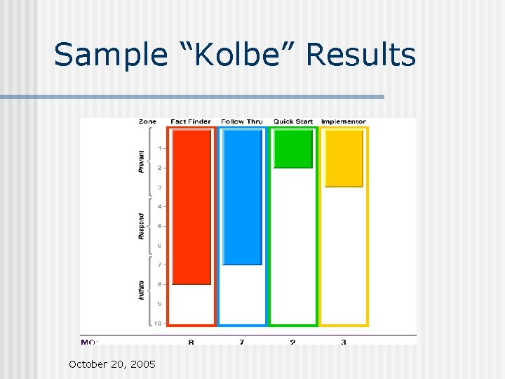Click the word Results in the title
click(361, 55)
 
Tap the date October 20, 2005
click(112, 364)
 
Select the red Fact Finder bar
click(191, 208)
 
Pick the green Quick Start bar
click(293, 149)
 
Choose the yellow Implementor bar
click(344, 159)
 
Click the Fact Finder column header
click(191, 121)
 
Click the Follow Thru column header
click(241, 121)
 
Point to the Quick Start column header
click(293, 121)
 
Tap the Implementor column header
click(344, 121)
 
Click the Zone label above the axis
click(147, 121)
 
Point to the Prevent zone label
click(141, 161)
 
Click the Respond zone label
click(141, 226)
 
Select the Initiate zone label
click(141, 289)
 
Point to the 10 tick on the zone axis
click(159, 324)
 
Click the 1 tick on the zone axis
click(160, 148)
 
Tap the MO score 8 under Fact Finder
click(191, 342)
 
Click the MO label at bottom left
click(89, 342)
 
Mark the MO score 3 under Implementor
click(344, 342)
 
